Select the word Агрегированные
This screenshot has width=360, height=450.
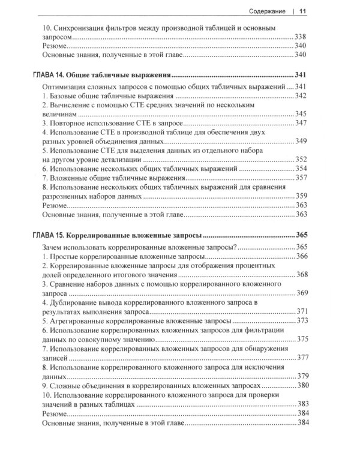(80, 320)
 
